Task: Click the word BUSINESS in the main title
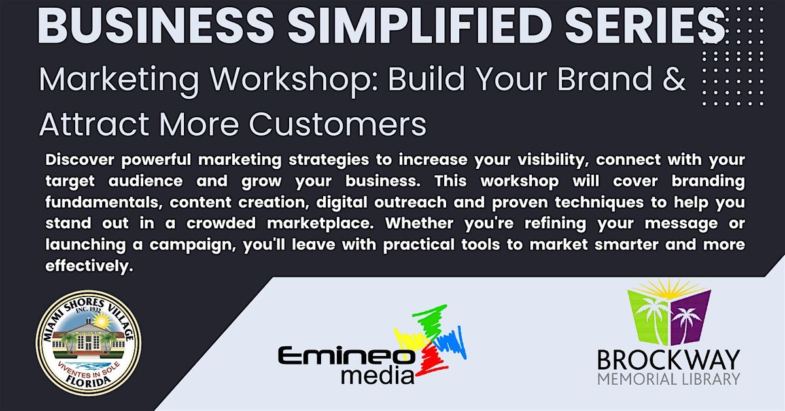click(156, 26)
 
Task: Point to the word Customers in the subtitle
click(338, 124)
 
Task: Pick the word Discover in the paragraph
click(80, 160)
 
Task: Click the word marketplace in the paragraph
click(320, 224)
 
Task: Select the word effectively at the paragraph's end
click(89, 266)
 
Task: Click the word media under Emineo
click(377, 375)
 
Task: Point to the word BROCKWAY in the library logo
click(669, 360)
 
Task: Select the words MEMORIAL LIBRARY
click(669, 379)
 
